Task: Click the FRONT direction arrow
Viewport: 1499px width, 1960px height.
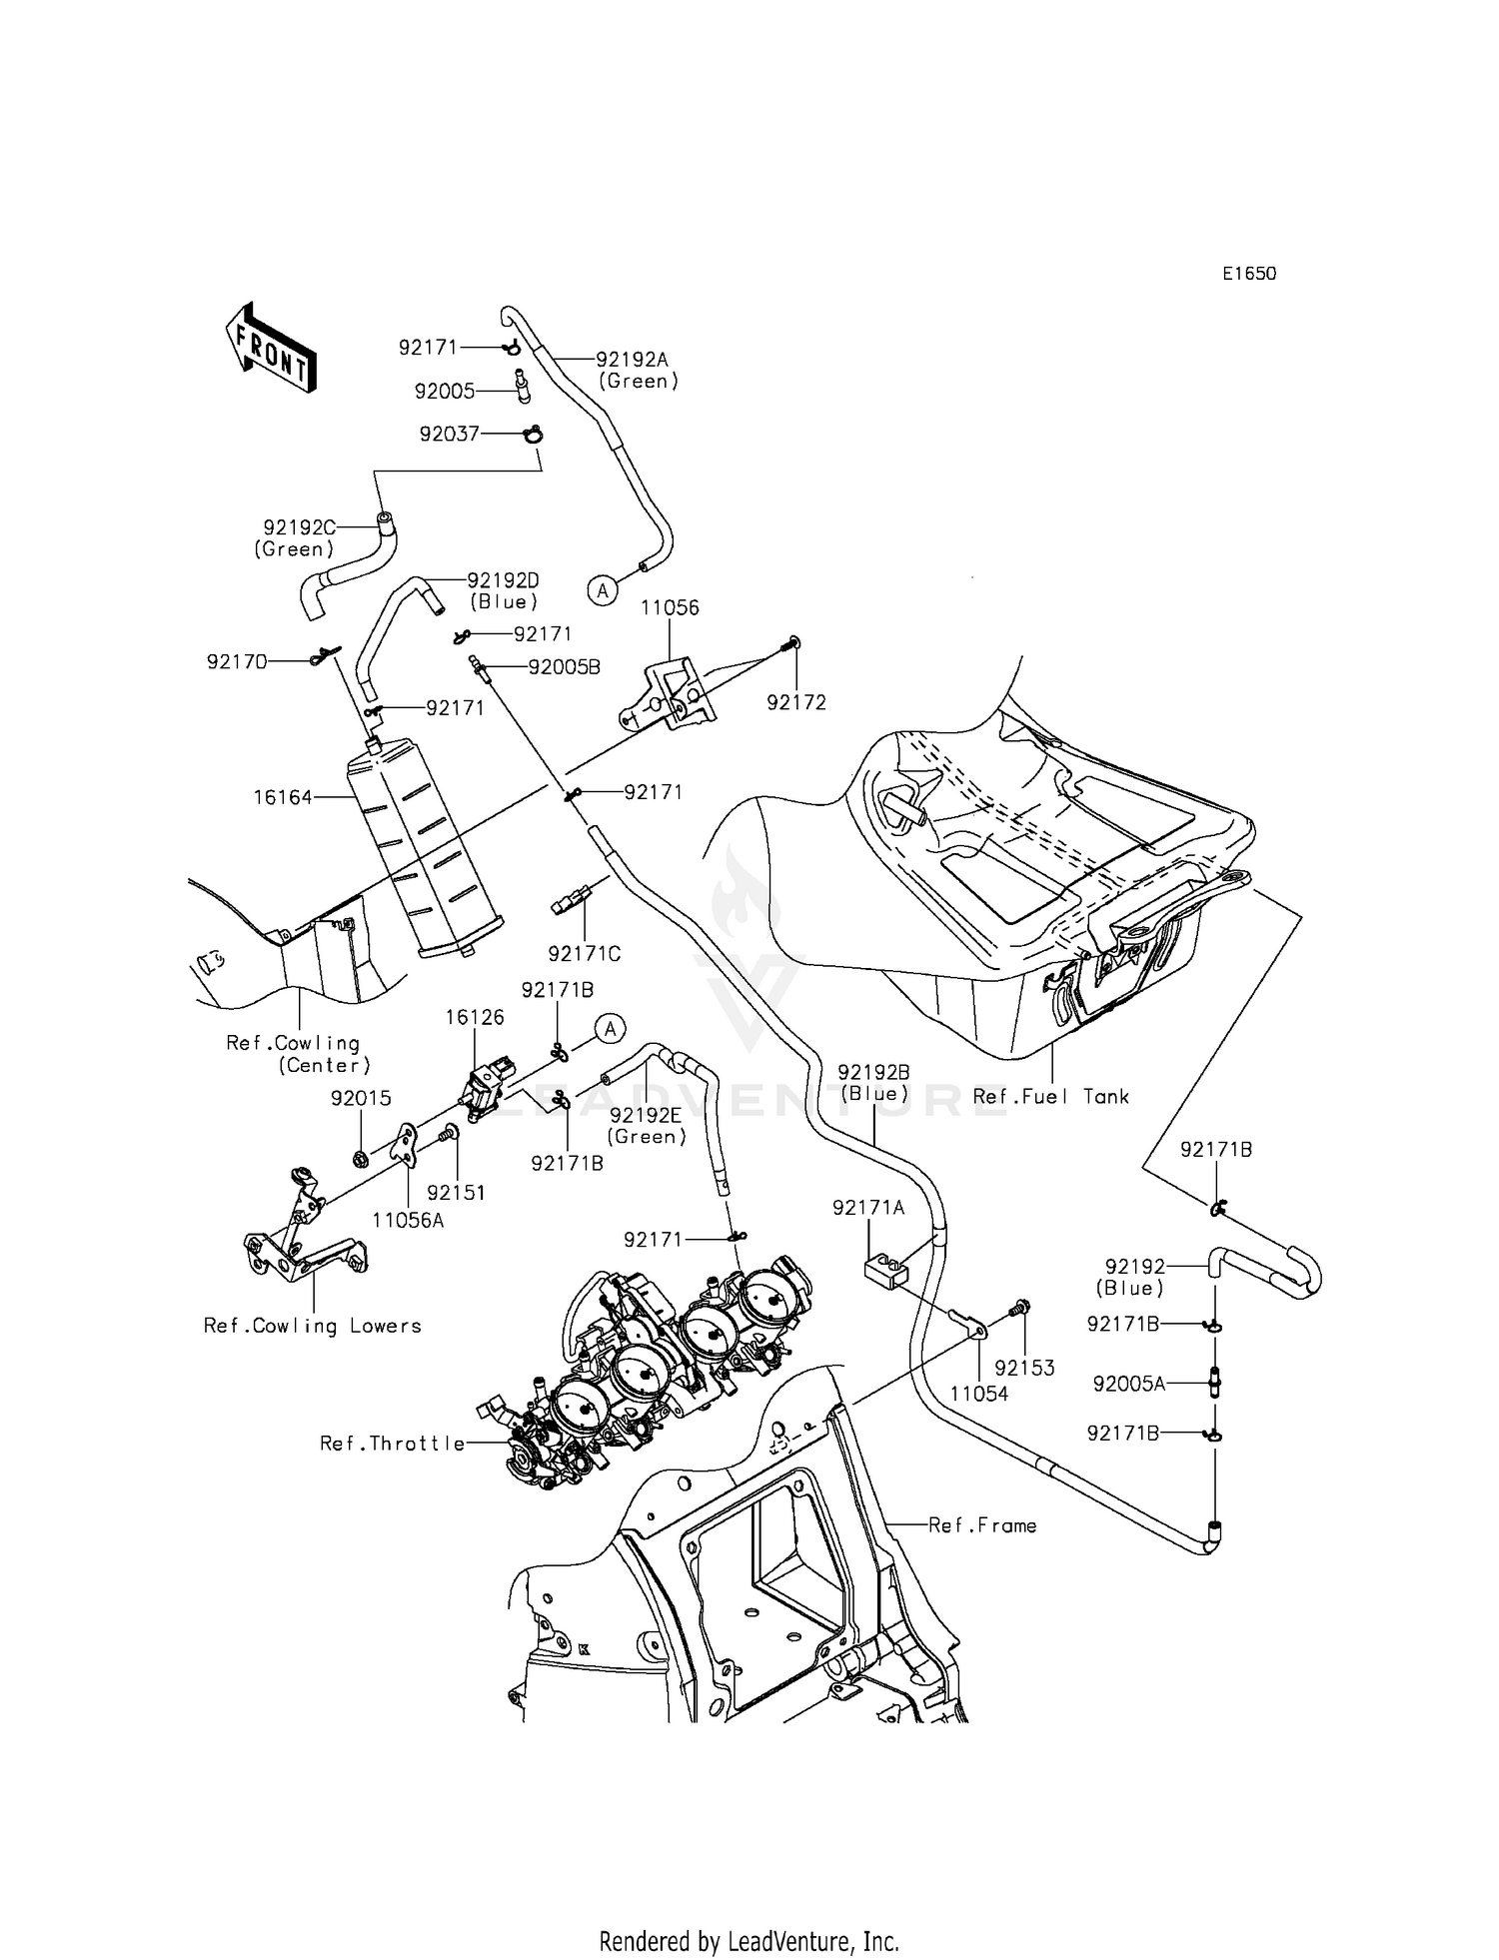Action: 271,347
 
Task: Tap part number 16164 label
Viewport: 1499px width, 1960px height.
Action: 282,797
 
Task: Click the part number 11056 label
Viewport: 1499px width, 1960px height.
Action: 670,607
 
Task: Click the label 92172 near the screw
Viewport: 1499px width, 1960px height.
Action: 796,702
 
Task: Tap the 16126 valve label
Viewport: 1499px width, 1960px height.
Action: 475,1017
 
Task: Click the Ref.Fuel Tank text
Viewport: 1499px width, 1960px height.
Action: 1050,1096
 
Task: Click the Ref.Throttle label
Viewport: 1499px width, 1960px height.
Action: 392,1443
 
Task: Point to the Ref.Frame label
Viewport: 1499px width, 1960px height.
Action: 982,1524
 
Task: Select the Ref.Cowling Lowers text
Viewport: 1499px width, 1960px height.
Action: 312,1326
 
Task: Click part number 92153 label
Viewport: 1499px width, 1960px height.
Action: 1024,1368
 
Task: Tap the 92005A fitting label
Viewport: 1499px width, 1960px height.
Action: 1129,1384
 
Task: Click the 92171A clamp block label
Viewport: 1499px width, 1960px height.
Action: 867,1208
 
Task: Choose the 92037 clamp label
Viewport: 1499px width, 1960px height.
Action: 450,434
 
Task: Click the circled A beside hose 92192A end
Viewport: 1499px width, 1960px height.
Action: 602,590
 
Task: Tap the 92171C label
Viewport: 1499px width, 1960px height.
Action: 584,954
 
